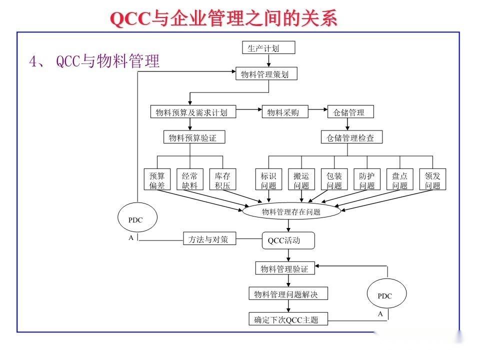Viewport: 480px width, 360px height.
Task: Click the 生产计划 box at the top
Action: (268, 47)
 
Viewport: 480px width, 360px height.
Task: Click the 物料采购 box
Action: (285, 112)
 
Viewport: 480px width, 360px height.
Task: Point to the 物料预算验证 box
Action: (192, 137)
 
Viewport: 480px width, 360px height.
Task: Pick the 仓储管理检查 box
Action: (351, 137)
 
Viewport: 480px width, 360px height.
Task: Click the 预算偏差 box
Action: (157, 180)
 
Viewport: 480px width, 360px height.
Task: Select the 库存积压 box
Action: (222, 180)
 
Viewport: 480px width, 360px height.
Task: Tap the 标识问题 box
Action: (268, 180)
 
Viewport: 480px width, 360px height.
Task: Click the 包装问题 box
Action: (334, 180)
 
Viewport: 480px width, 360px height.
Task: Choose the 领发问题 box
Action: (432, 180)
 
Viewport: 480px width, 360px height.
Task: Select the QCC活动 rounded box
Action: (288, 240)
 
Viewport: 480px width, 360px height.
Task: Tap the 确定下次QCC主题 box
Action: (288, 319)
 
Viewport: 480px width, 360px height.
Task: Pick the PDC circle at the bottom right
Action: (385, 295)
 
